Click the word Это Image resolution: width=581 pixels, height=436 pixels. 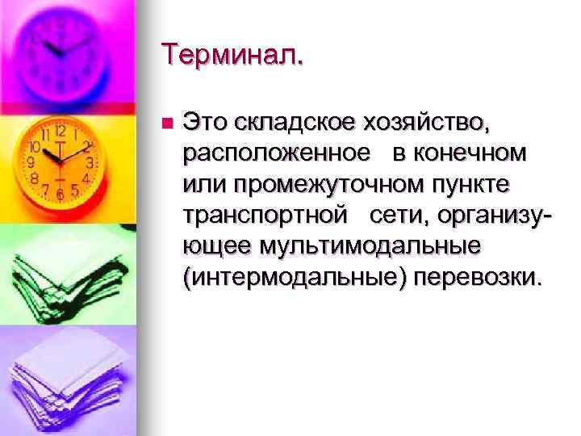click(207, 123)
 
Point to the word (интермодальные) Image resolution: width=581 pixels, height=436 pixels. click(296, 277)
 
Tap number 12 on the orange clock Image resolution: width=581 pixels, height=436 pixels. click(60, 130)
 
